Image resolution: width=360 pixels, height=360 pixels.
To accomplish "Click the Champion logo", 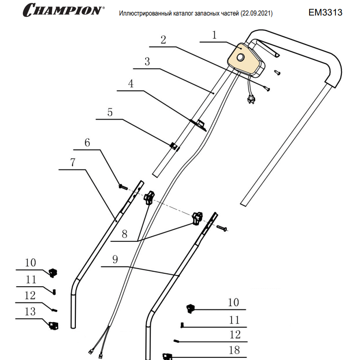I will coord(63,10).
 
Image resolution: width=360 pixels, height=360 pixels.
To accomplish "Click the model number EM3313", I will coord(326,13).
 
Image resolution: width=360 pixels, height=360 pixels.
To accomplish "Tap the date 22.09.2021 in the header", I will coord(256,14).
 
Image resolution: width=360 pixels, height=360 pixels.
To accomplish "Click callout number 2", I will coord(163,40).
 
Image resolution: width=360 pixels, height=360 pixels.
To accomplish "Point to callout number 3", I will coord(147,62).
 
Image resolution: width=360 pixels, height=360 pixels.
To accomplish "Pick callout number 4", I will coord(131,84).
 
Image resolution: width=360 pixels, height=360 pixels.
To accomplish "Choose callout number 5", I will coord(110,113).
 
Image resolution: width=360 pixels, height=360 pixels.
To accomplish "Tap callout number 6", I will coord(88,143).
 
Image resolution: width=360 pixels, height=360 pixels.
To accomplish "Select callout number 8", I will coord(125,234).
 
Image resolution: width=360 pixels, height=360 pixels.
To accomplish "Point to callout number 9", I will coord(115,260).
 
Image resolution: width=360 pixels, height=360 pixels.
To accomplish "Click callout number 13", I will coord(30,312).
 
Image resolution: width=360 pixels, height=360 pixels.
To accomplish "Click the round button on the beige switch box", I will coord(240,57).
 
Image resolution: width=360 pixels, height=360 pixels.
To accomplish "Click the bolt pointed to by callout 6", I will coord(122,187).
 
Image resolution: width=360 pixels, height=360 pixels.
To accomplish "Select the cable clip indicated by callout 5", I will coord(174,146).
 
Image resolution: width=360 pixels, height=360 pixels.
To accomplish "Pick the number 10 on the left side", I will coord(30,263).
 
